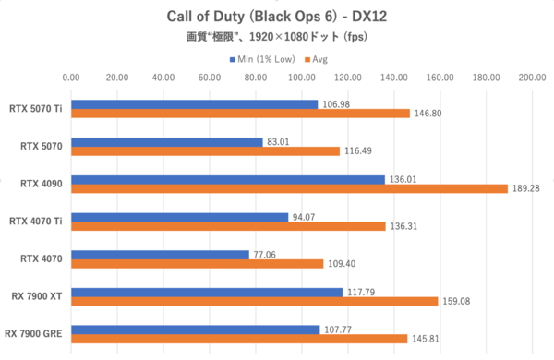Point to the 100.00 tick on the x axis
(x=302, y=78)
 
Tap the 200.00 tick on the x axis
(x=533, y=78)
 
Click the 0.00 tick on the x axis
(x=71, y=78)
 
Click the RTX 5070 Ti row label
(x=35, y=108)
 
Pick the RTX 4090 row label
(x=42, y=184)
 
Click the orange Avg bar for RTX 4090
(x=289, y=188)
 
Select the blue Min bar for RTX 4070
(x=160, y=254)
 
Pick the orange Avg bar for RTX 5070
(x=205, y=151)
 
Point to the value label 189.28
(x=526, y=189)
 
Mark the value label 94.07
(x=305, y=217)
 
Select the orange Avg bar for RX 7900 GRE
(x=239, y=339)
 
